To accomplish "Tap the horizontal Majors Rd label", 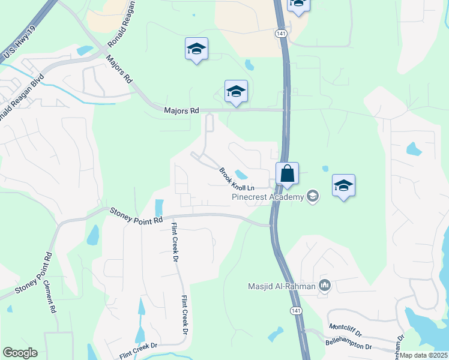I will pos(181,110).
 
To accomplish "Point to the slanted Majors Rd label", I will pos(119,69).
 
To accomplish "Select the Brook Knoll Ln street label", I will pos(237,179).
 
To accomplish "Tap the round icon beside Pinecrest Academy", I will pos(312,196).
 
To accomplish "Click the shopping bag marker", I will pos(288,174).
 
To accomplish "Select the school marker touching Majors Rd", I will pos(236,92).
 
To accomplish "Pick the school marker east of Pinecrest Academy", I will pos(343,185).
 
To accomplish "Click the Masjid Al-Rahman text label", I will pos(282,286).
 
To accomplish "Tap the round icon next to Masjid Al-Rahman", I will pos(325,285).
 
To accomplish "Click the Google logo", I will pos(20,353).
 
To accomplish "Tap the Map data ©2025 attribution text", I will pos(424,355).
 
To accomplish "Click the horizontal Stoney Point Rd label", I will pos(137,215).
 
